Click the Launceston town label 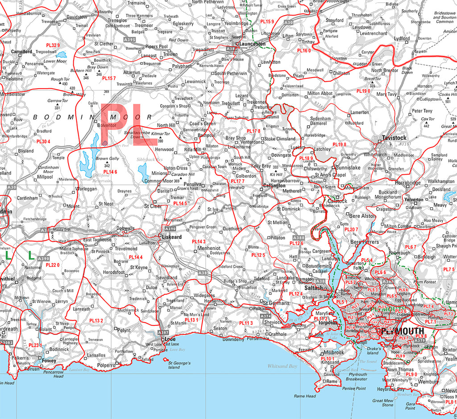(252, 44)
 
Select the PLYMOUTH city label (402, 331)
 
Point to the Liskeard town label (172, 237)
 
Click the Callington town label (274, 185)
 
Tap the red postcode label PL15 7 (109, 78)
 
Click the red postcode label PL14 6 (110, 172)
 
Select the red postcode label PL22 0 (53, 265)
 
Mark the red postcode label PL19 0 (364, 90)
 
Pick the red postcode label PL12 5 (258, 255)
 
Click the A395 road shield (129, 40)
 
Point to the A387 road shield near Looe (164, 333)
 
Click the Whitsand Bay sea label (282, 366)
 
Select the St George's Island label (179, 365)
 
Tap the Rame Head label (304, 396)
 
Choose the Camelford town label (21, 52)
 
